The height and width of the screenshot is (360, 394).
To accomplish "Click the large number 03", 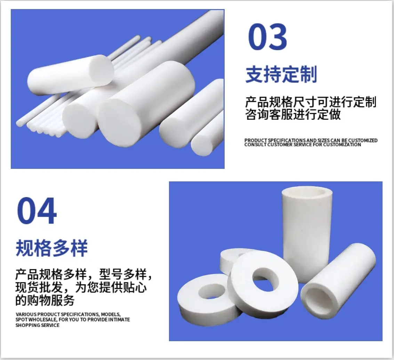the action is click(267, 37).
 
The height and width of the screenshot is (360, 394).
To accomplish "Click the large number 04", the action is click(37, 211).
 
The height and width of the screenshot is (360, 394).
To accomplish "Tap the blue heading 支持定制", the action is click(281, 74).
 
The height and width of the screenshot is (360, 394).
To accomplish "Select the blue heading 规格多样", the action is click(51, 248).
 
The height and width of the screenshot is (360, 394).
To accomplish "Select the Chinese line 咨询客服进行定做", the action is click(293, 115).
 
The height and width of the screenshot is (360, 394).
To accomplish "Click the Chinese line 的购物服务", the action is click(45, 300).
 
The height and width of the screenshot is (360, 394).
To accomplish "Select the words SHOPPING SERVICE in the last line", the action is click(38, 325).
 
